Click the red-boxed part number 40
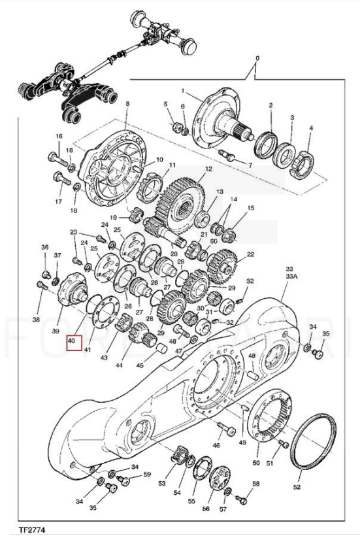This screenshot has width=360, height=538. point(72,341)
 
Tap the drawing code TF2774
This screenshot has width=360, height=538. point(32,530)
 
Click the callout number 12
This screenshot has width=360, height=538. point(208,169)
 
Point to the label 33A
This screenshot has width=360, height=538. point(290,275)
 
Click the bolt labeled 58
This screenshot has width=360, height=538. point(240,499)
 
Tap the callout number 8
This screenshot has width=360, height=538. point(127,104)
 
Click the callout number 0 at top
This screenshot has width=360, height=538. point(257,58)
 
